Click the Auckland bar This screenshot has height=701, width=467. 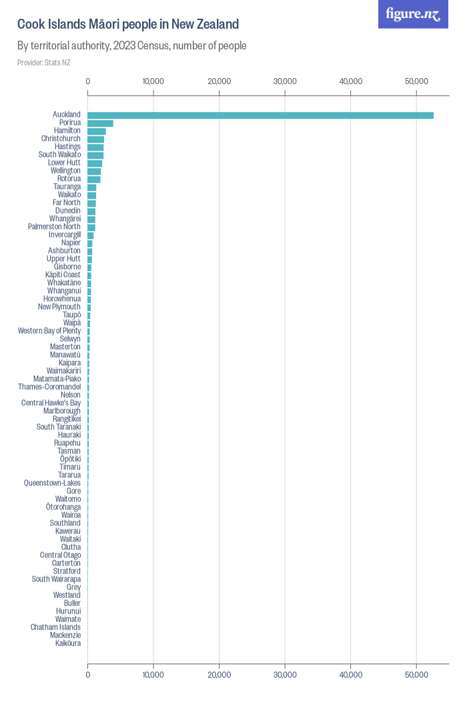(260, 115)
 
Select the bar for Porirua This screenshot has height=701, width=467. (100, 124)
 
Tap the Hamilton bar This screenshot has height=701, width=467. (97, 132)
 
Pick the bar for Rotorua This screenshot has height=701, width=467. (94, 180)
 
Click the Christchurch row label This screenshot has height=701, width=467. (61, 139)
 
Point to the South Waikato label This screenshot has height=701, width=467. (59, 155)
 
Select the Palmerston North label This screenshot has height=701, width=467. (54, 227)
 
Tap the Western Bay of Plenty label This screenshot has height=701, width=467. (49, 331)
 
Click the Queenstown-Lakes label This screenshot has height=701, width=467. (52, 483)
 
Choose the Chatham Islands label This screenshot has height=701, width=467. (55, 628)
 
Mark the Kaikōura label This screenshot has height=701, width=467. (68, 644)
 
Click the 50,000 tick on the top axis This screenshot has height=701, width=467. (416, 81)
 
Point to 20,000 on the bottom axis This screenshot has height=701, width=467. (219, 676)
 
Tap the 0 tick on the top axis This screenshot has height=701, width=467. (88, 81)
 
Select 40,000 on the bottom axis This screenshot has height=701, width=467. (351, 676)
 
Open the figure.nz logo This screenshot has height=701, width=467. (414, 14)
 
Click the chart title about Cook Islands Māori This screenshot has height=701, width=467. (128, 25)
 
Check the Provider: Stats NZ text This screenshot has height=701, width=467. (44, 63)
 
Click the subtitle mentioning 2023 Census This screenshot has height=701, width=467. (132, 46)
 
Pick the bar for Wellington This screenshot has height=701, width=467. (94, 172)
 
